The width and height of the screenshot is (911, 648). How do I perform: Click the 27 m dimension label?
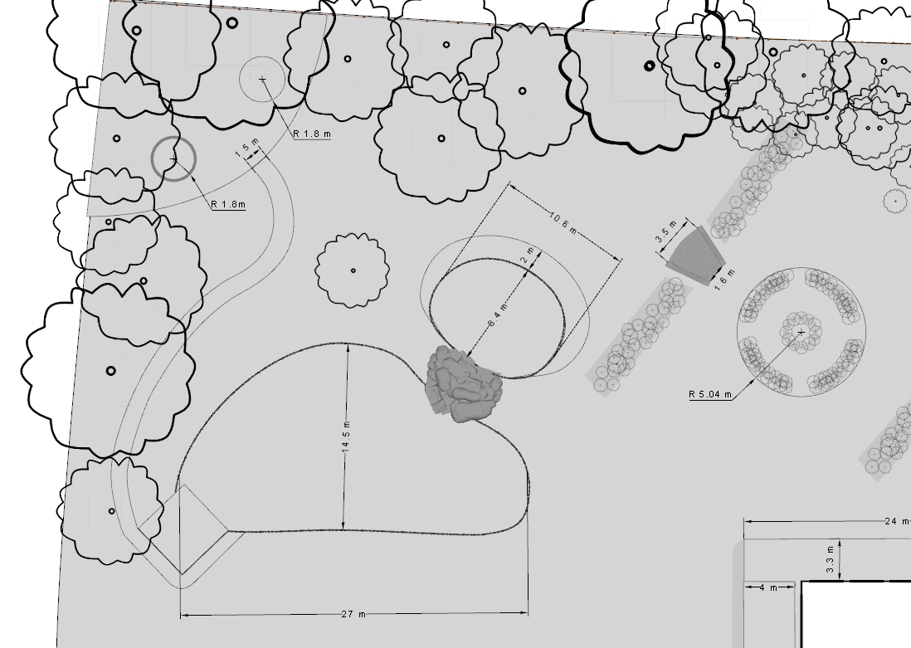(353, 615)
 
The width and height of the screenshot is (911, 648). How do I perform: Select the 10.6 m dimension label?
(563, 223)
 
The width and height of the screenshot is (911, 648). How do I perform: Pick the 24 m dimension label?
(895, 521)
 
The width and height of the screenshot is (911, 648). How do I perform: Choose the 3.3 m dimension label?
(830, 560)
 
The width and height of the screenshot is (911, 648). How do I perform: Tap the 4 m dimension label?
(768, 588)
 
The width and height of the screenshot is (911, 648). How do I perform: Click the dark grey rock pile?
(463, 384)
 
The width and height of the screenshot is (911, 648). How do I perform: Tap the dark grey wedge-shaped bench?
(695, 256)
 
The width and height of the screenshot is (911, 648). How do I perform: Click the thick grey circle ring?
(173, 158)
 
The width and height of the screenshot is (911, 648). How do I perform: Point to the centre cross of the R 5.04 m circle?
(801, 332)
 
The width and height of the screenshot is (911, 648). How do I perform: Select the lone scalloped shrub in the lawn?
(353, 270)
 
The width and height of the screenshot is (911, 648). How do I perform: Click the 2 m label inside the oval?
(526, 257)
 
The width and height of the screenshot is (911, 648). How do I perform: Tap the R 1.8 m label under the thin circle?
(312, 134)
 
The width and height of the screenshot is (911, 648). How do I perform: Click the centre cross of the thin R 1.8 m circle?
(262, 79)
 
